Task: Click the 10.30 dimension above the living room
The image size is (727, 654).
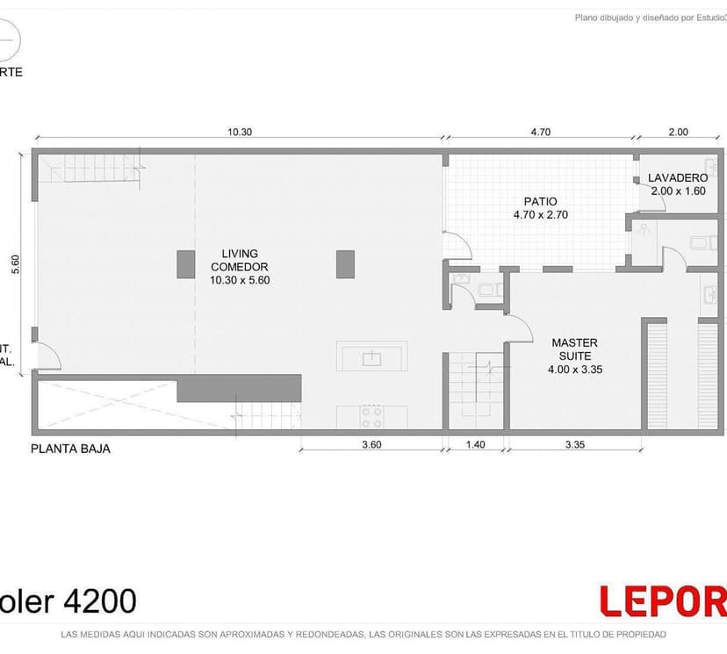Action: click(x=240, y=133)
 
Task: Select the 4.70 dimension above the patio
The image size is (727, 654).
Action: click(x=540, y=133)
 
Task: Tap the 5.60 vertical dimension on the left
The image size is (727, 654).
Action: click(x=15, y=265)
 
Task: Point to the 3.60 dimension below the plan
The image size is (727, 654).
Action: click(x=371, y=444)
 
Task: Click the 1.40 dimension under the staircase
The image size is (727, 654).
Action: click(x=475, y=444)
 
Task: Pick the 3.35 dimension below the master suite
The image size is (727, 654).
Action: click(x=574, y=444)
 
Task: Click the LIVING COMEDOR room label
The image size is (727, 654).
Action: click(x=240, y=267)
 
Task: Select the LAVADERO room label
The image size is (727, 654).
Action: click(x=678, y=183)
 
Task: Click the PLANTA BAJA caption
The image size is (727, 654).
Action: click(x=70, y=449)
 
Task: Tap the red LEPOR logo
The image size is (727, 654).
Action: click(x=663, y=602)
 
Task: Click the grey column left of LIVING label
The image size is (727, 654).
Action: click(x=185, y=264)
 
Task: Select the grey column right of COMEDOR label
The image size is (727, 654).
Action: click(x=345, y=264)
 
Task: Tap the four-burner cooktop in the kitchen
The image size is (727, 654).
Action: click(x=372, y=416)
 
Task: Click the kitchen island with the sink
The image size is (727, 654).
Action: click(x=371, y=357)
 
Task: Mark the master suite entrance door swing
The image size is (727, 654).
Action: click(x=520, y=329)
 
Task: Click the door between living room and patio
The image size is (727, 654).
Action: click(x=456, y=245)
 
